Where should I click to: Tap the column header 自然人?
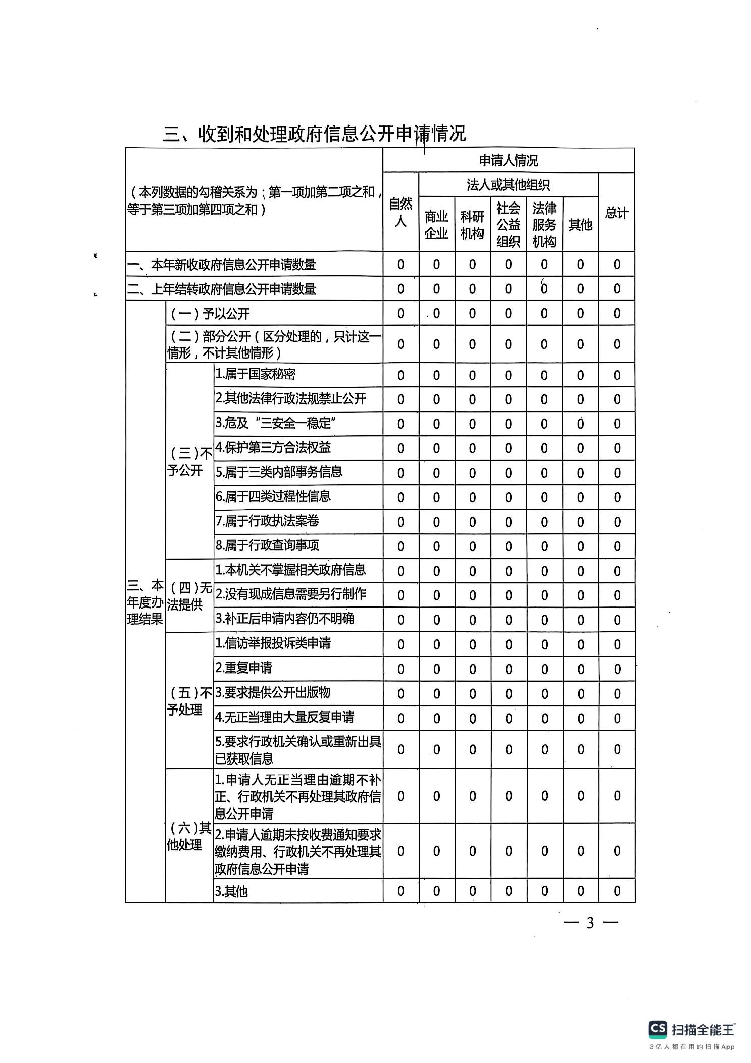400,213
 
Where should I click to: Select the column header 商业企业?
436,225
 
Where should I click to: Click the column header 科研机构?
472,225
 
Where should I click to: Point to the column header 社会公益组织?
508,225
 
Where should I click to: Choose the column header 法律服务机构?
544,225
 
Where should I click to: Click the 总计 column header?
616,213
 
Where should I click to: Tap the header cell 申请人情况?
509,161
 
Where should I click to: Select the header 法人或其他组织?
508,185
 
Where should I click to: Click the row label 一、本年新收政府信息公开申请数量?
222,265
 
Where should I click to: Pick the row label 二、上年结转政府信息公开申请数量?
222,289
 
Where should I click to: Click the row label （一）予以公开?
210,314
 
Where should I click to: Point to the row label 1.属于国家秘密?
255,374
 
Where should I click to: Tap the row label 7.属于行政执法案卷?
267,521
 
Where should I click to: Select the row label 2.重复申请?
243,668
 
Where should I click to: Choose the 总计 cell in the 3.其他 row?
617,891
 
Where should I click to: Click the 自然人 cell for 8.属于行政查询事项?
400,546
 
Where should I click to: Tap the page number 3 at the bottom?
590,923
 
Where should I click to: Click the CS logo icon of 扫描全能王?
658,1029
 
